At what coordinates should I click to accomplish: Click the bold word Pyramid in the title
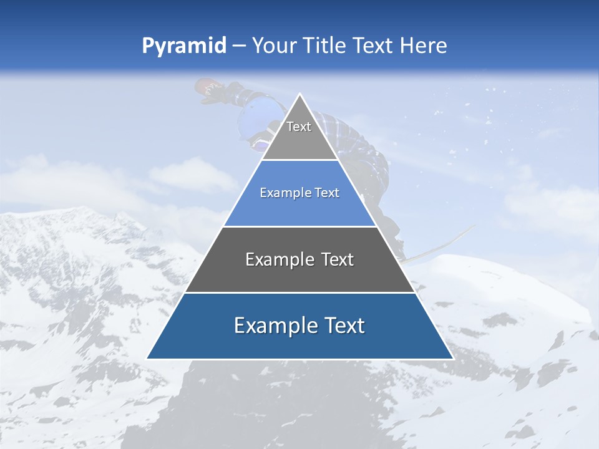coord(183,46)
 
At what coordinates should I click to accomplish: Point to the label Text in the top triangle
coord(299,127)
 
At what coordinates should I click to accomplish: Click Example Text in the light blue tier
coord(299,193)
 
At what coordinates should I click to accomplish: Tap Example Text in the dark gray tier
coord(299,259)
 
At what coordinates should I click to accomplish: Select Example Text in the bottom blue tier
coord(299,326)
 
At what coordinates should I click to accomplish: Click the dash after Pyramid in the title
coord(239,46)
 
